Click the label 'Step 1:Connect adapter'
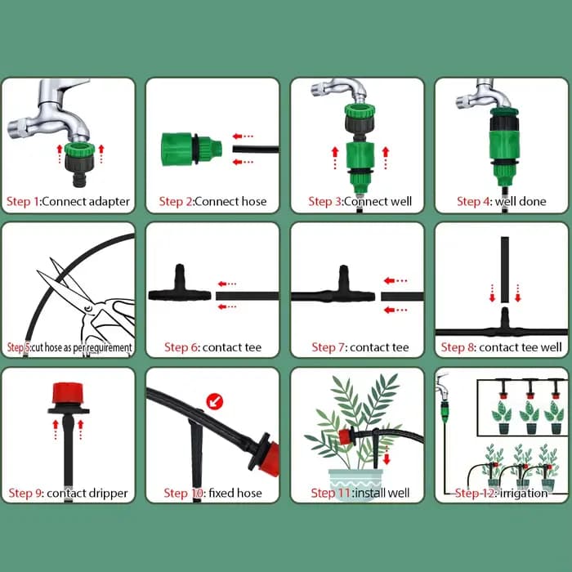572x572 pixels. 68,201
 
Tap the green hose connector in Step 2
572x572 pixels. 191,149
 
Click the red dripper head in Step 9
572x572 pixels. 68,393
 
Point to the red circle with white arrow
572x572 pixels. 215,401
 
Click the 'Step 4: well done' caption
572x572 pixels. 502,201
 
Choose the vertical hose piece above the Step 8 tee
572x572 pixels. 505,270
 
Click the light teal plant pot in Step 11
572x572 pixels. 355,484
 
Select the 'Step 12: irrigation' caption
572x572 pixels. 501,494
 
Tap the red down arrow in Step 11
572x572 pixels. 387,455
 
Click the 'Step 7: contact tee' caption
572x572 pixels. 360,347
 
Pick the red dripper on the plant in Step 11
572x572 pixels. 346,437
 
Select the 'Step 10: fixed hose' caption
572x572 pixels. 212,494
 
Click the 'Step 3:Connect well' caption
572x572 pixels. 360,201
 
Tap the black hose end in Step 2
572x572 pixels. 256,149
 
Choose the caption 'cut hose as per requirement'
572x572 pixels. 82,347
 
